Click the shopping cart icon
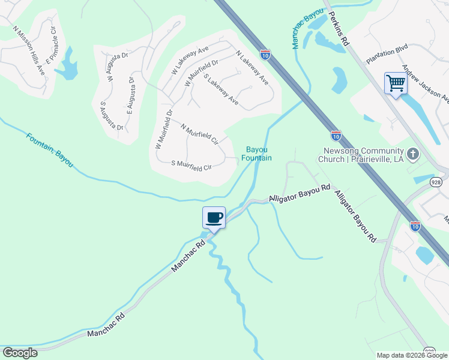(396, 83)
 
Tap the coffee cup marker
(214, 217)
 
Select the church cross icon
(412, 155)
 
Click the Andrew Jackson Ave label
(426, 83)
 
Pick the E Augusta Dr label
(130, 95)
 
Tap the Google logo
(20, 353)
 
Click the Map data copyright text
(412, 355)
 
